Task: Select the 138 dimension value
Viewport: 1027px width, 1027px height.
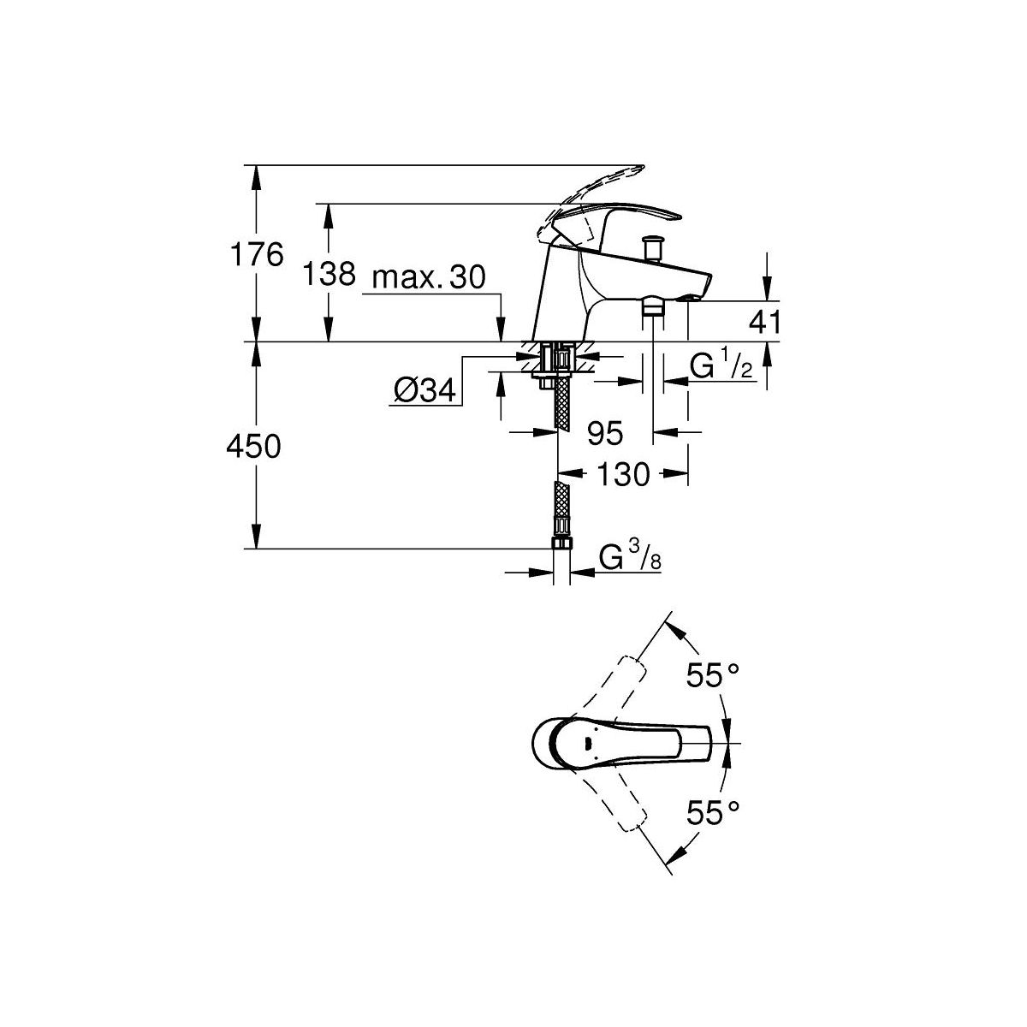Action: tap(329, 274)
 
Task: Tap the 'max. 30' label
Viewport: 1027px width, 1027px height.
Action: tap(429, 277)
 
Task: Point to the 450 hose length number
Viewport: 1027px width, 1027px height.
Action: tap(253, 447)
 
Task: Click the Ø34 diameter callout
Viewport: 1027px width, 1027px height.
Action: tap(424, 391)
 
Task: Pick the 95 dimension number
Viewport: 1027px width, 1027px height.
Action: tap(605, 433)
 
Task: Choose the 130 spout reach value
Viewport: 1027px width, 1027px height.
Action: tap(624, 474)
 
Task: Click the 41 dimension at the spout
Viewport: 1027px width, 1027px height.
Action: tap(765, 322)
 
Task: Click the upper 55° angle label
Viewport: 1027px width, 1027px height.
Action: tap(712, 676)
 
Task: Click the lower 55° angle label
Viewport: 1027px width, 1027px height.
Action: tap(712, 813)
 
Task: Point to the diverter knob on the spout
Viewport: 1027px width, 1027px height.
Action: tap(652, 248)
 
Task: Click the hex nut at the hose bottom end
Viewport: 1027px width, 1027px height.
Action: tap(561, 543)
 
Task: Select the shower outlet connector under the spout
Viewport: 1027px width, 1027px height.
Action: tap(652, 307)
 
